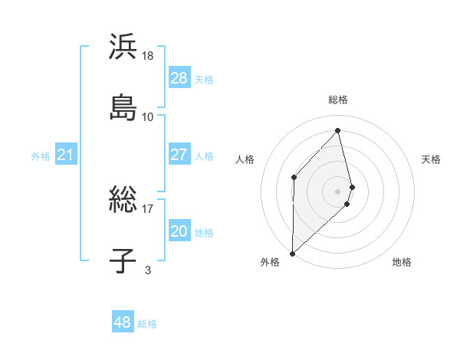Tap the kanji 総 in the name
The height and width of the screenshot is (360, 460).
(123, 200)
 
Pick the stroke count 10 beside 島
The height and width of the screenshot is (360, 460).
(148, 116)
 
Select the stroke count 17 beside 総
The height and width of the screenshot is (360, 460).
(148, 208)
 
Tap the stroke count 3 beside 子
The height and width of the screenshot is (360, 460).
(148, 269)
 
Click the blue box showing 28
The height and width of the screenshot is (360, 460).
(179, 77)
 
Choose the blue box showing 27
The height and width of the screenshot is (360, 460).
(179, 154)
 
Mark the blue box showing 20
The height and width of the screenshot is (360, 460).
(179, 231)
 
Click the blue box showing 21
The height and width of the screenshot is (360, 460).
(66, 155)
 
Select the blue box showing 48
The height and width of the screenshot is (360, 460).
(123, 322)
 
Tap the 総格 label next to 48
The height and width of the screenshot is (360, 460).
(147, 324)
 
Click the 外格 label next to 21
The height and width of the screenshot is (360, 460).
(41, 156)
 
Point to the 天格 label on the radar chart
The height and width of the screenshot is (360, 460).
(431, 159)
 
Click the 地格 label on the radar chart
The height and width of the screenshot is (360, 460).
(402, 262)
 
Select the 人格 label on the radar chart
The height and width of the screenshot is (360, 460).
(245, 159)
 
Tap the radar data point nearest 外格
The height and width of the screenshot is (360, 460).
(292, 253)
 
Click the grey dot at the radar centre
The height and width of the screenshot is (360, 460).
(337, 190)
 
